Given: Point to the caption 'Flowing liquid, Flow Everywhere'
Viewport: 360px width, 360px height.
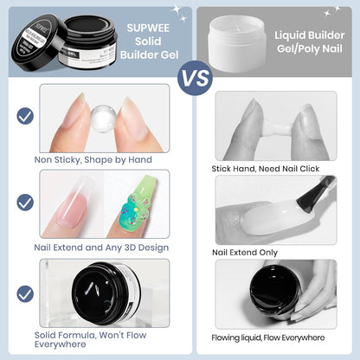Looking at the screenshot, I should click(272, 337).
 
